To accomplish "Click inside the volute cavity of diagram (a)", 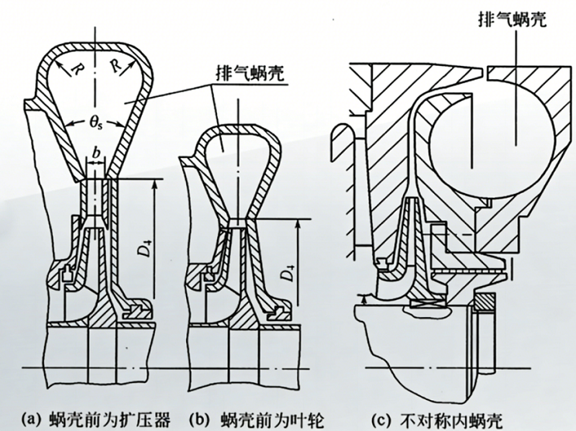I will click(95, 93).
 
